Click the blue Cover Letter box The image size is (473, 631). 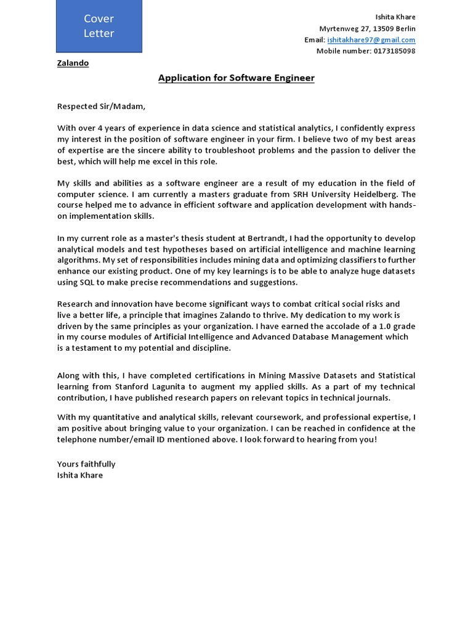(99, 26)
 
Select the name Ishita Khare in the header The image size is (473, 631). (395, 17)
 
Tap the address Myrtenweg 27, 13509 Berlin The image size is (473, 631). (367, 28)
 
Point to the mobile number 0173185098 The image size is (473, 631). (394, 51)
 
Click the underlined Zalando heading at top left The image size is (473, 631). (73, 63)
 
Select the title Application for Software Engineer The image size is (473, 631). (236, 78)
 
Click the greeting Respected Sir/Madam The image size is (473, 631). (102, 107)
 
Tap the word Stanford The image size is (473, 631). (132, 386)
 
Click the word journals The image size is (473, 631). (373, 397)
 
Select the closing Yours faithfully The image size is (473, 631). (86, 464)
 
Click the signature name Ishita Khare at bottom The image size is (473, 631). (80, 475)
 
